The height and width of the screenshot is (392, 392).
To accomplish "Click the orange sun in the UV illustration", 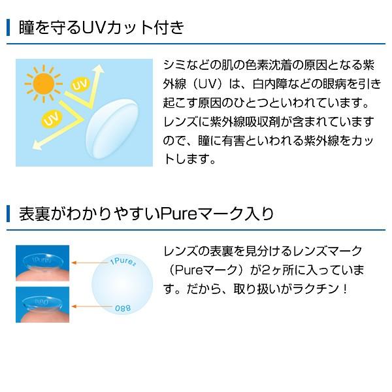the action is tap(44, 84).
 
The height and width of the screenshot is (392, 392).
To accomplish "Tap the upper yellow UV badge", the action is tap(80, 84).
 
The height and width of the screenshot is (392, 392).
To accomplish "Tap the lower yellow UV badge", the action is tap(52, 120).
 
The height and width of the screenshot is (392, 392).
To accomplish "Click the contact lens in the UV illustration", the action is tap(112, 129).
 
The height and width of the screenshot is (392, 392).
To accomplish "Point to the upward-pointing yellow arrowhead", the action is tap(99, 69).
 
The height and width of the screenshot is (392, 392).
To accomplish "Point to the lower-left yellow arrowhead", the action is tap(37, 145).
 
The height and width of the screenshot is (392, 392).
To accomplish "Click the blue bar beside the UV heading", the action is tap(8, 27).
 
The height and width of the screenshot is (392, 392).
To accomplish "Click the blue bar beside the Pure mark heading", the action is tap(8, 214).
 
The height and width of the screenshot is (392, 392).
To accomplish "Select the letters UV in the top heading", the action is tap(93, 27).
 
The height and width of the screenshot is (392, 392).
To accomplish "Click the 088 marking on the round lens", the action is tap(123, 308).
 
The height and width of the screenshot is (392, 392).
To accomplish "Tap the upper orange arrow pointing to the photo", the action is tap(91, 263).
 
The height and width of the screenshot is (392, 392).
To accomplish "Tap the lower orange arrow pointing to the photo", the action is tap(92, 306).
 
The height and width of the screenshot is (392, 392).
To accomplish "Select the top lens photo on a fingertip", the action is tap(42, 263).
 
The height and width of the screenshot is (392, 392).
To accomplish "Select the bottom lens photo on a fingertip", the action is tap(42, 304).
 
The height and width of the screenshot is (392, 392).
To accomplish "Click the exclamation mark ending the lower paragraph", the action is tap(345, 289).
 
